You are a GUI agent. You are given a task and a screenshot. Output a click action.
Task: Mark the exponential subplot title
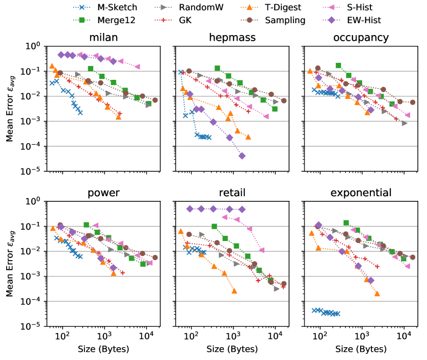pos(361,193)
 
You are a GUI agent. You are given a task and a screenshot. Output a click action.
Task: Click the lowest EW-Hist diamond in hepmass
pos(242,156)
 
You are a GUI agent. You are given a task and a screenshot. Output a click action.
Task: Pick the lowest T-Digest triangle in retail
pos(234,291)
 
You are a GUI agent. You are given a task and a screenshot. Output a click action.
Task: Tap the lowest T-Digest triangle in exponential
pos(377,294)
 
